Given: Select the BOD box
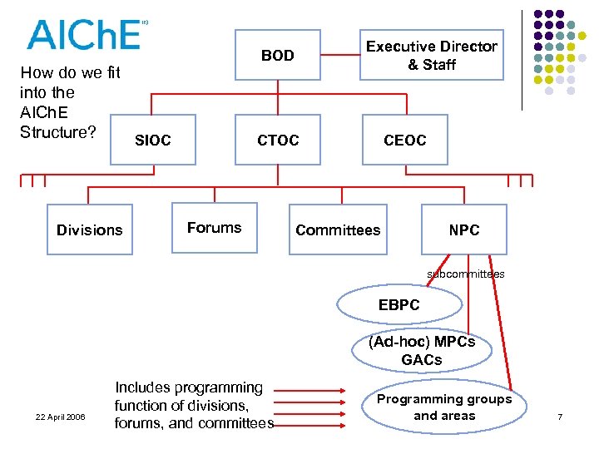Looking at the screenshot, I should (278, 56).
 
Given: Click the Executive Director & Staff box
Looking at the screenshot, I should (431, 55).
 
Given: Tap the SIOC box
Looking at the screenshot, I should (152, 141).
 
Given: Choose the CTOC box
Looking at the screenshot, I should (278, 141).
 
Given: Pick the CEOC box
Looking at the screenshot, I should (404, 141).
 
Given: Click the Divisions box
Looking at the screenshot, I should (89, 229).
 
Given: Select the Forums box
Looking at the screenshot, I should (214, 228).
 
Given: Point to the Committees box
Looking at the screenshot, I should (338, 229).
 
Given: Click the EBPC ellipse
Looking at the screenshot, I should (399, 305).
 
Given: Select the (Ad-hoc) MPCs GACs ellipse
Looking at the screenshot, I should (422, 351).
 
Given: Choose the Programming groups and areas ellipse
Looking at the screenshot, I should (444, 407).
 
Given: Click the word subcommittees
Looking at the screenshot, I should (465, 274).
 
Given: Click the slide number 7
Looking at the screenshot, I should (560, 416).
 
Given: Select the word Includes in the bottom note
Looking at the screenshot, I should (143, 387).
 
